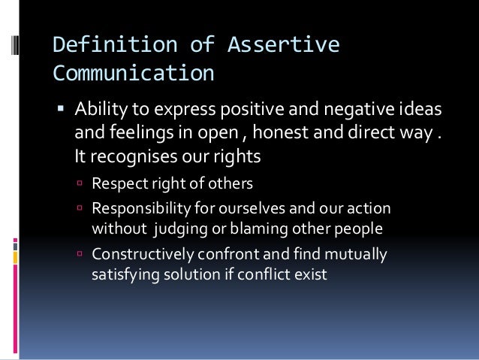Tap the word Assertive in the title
tap(277, 47)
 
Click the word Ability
tap(98, 112)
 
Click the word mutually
tap(356, 255)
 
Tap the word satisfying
tap(124, 274)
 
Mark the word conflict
tap(264, 274)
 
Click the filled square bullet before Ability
tap(62, 111)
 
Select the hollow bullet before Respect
tap(80, 183)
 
